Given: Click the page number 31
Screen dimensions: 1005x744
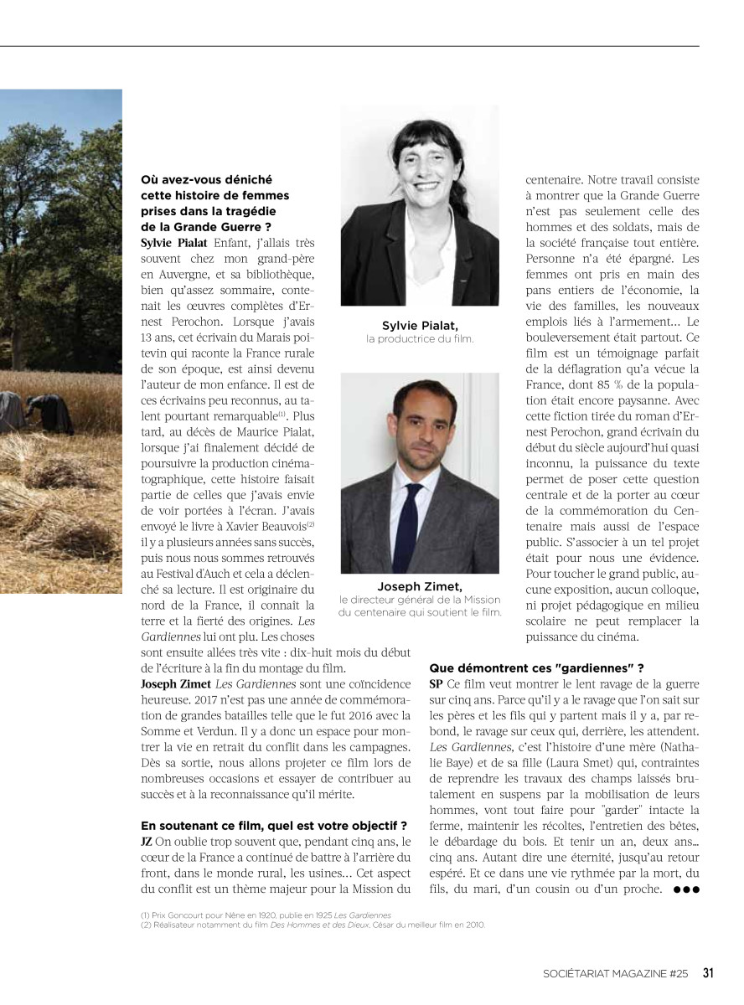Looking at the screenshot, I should click(x=708, y=973).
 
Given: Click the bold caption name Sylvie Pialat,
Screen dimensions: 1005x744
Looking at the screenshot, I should click(x=420, y=325).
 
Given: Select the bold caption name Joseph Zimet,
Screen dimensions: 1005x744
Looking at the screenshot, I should click(x=420, y=586).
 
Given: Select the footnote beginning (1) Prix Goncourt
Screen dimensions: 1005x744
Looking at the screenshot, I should click(x=266, y=915).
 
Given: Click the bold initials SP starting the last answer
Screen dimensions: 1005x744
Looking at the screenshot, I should click(x=437, y=683).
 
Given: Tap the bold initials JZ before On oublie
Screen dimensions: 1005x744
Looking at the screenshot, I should click(x=147, y=841).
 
